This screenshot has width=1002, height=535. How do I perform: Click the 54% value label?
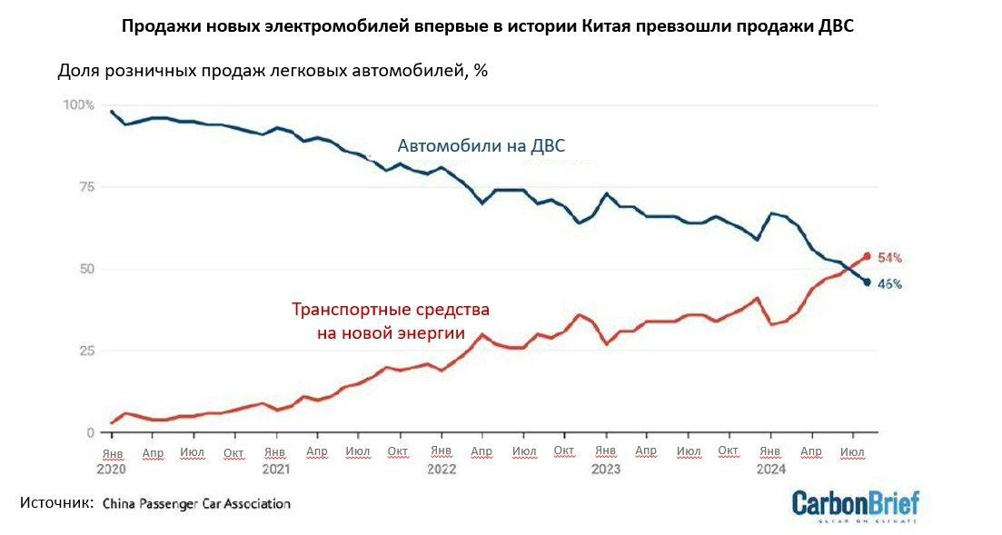(888, 257)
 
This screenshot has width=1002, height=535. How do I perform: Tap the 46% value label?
(888, 283)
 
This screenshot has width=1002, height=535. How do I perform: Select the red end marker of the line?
(868, 256)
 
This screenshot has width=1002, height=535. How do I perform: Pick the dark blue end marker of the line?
(868, 282)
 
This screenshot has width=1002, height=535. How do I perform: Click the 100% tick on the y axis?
(78, 105)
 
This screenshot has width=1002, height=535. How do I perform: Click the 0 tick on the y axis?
(90, 432)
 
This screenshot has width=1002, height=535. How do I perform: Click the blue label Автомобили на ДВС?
(487, 145)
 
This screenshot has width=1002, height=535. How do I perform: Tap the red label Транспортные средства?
(391, 310)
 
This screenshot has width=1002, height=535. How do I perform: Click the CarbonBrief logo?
(855, 504)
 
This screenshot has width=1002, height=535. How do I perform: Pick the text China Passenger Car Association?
(196, 503)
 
